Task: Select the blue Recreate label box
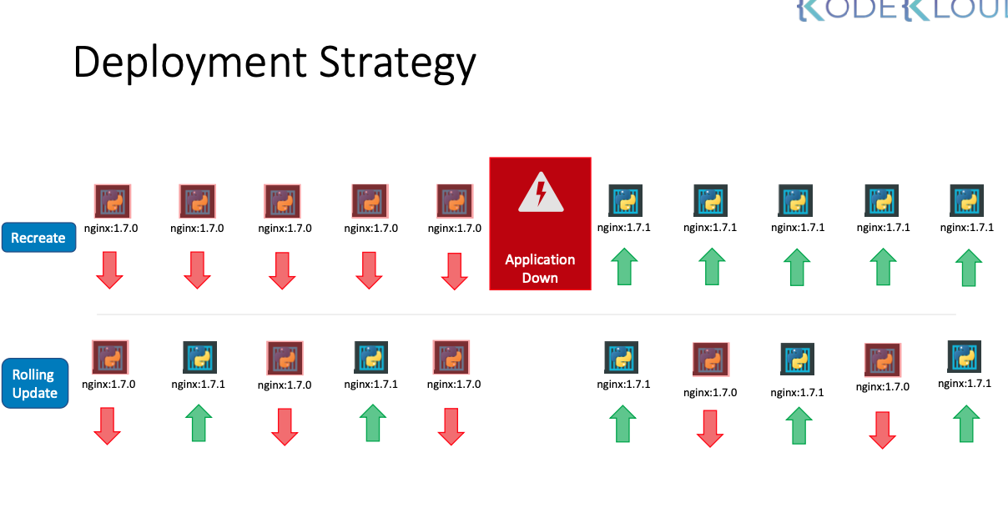point(38,238)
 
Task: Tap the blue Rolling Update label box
point(35,384)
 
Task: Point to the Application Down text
point(540,269)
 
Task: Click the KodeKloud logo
point(901,10)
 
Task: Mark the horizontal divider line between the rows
point(526,314)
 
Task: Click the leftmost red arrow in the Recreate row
point(109,270)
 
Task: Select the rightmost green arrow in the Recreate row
point(967,267)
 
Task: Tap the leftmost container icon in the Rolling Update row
point(109,357)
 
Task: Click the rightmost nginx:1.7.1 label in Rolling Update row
point(965,384)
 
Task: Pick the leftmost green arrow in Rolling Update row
point(199,423)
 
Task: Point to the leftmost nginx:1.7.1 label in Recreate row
point(623,228)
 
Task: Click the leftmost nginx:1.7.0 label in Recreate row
point(111,228)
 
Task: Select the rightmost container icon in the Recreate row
point(967,201)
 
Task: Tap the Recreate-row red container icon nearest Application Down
point(455,202)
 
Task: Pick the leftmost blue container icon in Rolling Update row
point(199,357)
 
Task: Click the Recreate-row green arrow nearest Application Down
point(623,267)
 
